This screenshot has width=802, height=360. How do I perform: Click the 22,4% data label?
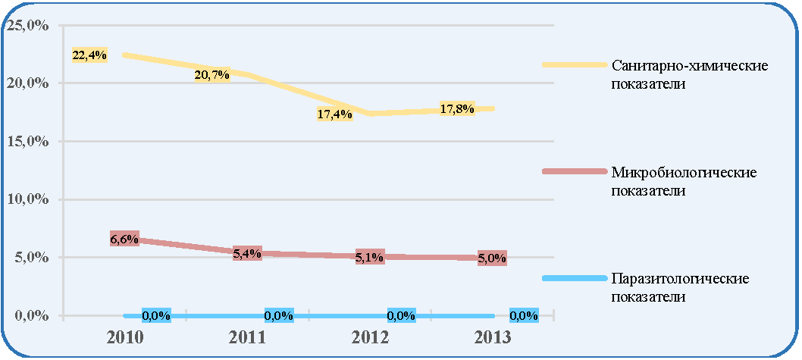click(89, 55)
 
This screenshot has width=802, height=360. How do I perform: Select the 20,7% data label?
click(211, 75)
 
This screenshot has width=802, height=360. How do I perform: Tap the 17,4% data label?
click(334, 114)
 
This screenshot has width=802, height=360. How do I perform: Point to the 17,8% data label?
click(457, 108)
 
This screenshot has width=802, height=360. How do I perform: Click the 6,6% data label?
click(124, 238)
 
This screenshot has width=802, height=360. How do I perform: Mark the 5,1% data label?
click(369, 257)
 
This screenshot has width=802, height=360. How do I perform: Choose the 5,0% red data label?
click(492, 258)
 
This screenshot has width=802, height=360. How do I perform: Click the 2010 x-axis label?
click(125, 338)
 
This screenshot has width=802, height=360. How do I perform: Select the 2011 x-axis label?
click(248, 338)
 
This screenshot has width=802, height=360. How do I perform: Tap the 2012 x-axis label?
click(370, 338)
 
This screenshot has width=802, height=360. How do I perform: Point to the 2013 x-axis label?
click(492, 338)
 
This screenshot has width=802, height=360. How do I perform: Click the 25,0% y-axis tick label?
click(27, 26)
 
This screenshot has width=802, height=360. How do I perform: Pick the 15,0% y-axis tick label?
click(27, 142)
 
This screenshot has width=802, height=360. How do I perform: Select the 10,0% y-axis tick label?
click(27, 200)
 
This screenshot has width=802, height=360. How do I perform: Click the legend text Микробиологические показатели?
click(684, 181)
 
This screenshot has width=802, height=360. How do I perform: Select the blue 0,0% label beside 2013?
click(525, 315)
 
